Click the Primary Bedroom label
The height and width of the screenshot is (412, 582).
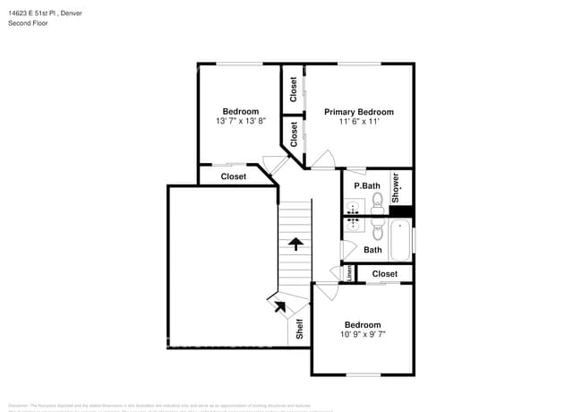tap(358, 112)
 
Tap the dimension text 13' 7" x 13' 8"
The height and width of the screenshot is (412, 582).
tap(240, 121)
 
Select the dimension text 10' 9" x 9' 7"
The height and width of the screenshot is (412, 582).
tap(362, 334)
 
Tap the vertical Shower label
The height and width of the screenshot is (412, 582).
tap(396, 189)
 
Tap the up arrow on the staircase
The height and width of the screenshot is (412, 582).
tap(295, 242)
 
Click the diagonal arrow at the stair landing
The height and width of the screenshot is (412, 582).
tap(279, 305)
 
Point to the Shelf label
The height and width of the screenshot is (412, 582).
tap(300, 330)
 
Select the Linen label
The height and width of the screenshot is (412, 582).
tap(348, 273)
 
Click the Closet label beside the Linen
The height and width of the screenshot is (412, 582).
tap(384, 273)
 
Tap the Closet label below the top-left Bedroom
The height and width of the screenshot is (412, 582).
tap(234, 176)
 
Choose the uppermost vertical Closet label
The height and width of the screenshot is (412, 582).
tap(293, 89)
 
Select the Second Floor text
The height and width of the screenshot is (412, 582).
tap(29, 23)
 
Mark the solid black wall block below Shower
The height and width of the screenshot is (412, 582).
tap(406, 211)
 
